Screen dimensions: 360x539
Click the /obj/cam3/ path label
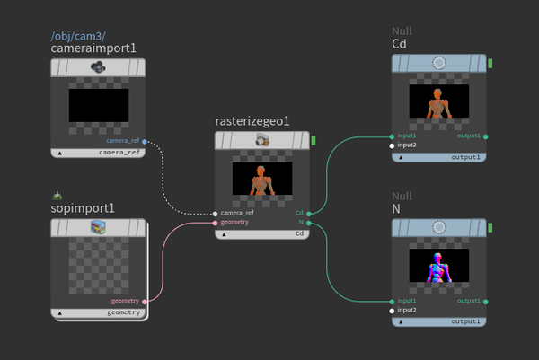pos(79,36)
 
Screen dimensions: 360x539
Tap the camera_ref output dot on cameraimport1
pos(145,141)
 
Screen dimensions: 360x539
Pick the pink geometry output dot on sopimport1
pos(145,301)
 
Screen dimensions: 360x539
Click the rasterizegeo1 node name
pos(252,121)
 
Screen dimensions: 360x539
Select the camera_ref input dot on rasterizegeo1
pos(216,213)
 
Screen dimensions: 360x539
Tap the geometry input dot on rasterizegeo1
pos(216,222)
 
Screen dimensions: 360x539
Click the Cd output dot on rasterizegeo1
pos(308,213)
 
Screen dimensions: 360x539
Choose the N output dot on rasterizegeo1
pos(308,222)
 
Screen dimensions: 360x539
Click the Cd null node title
pos(400,44)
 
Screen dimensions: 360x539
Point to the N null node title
pos(397,209)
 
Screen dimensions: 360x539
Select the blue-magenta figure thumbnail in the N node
pos(438,268)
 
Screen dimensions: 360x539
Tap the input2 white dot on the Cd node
pos(393,145)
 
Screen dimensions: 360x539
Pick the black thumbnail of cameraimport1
pos(98,105)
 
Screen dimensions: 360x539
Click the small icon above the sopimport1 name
pos(57,194)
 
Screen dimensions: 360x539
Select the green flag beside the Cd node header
pos(490,63)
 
